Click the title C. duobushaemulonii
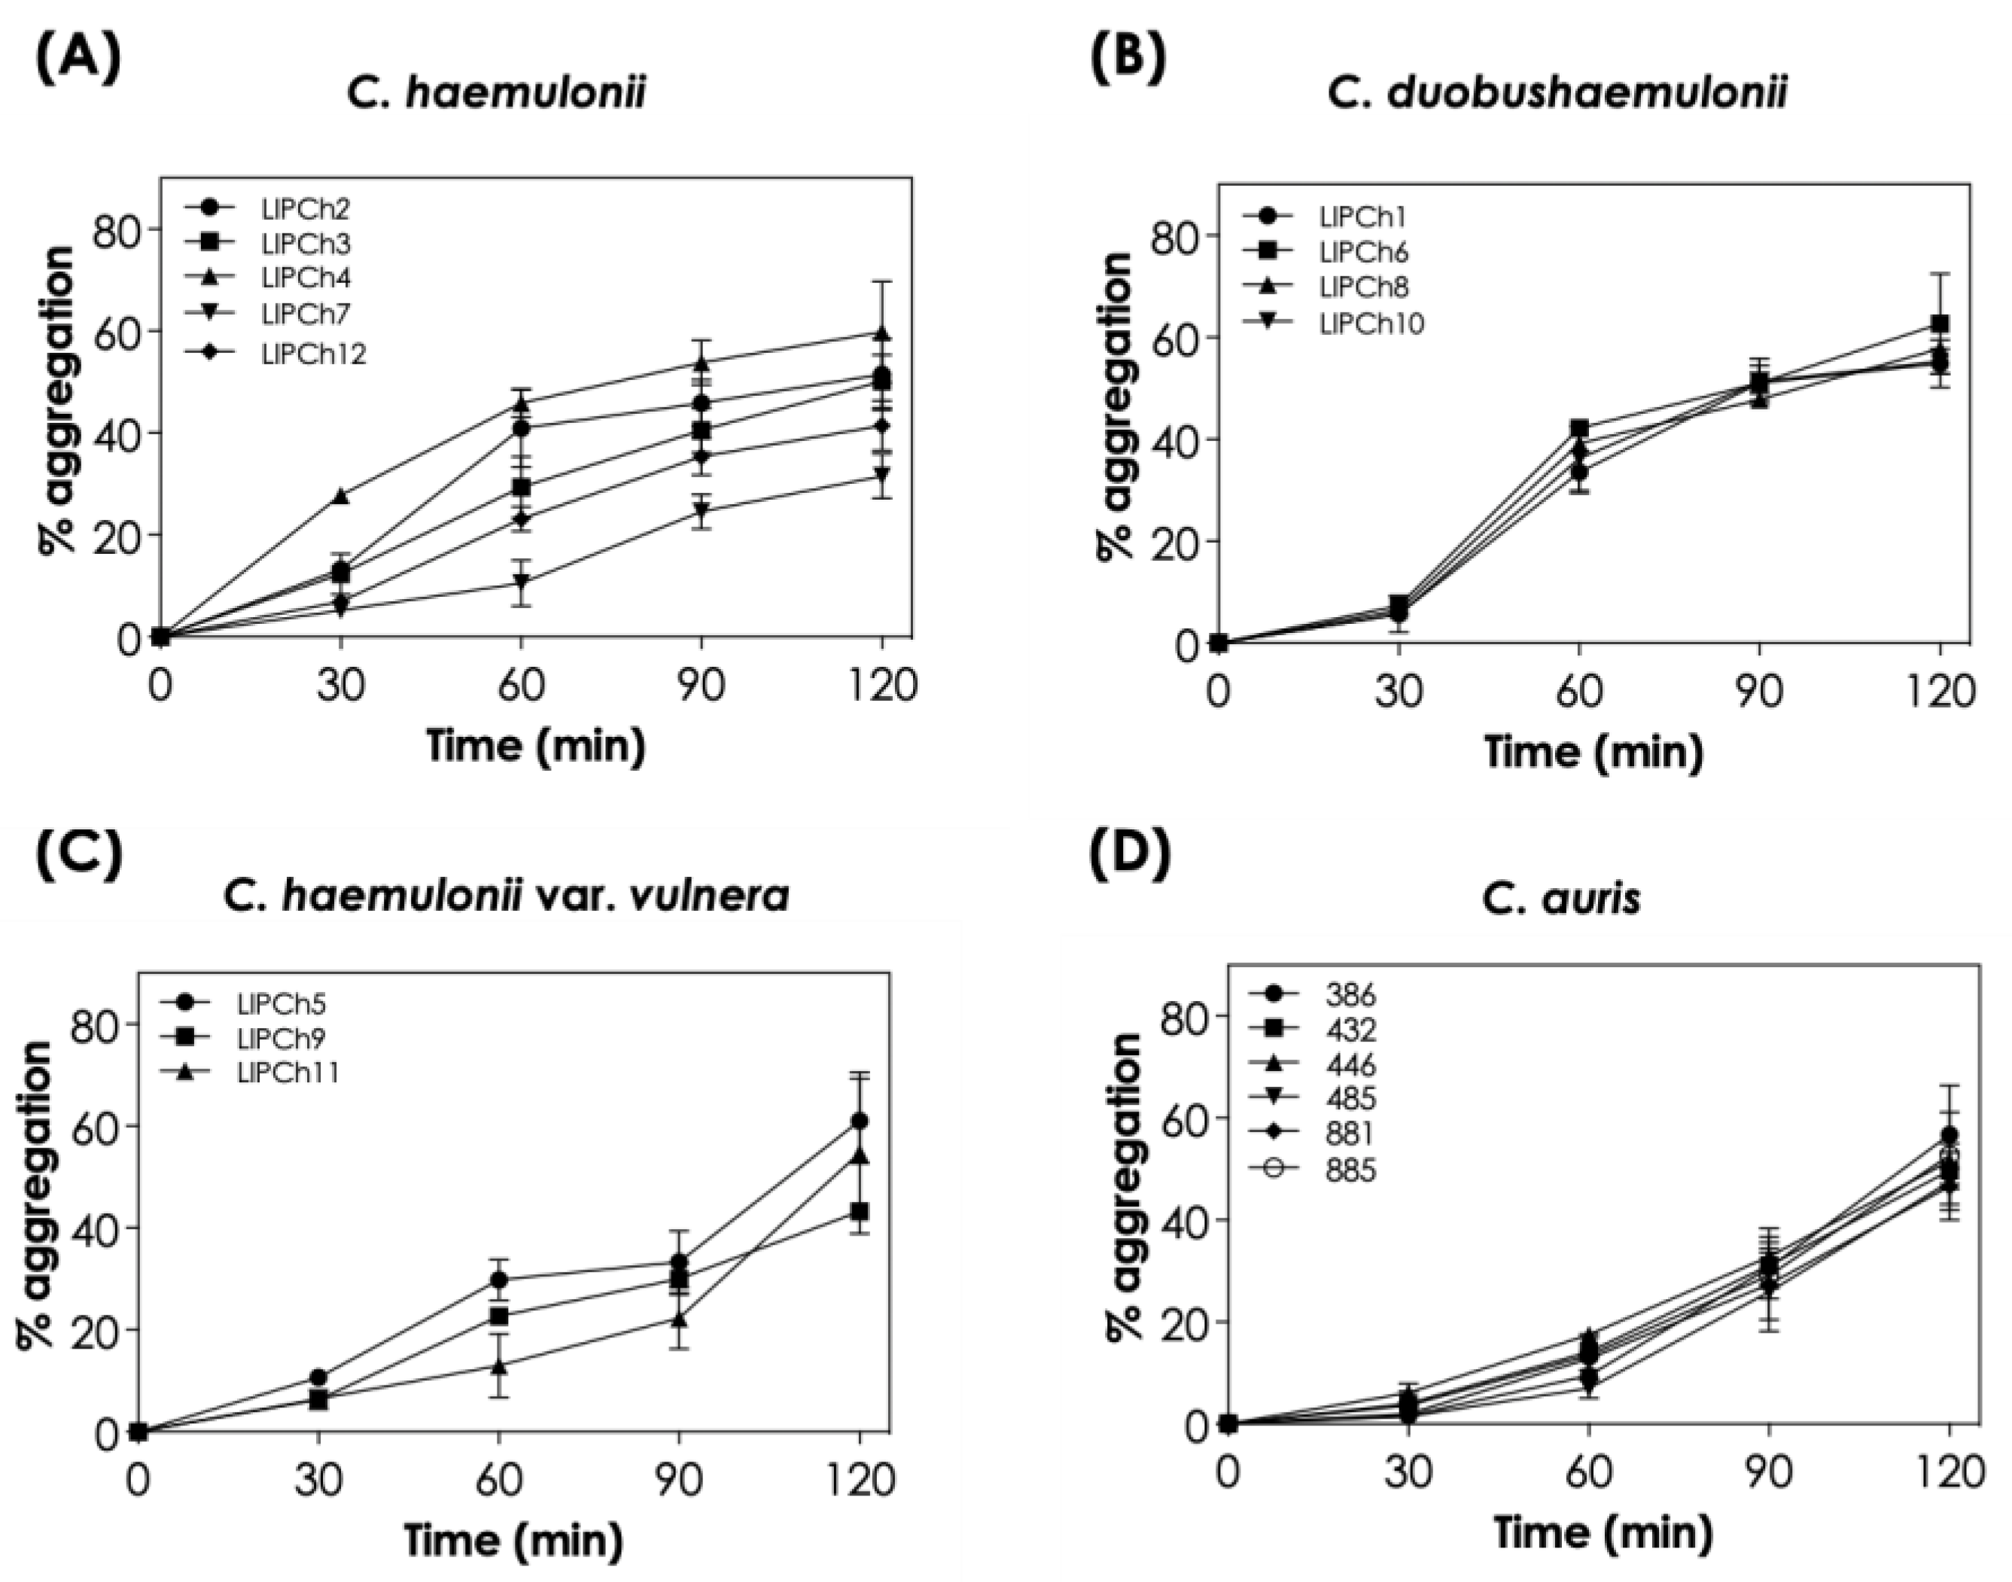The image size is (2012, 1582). pos(1557,93)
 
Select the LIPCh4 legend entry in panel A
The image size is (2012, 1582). pos(306,278)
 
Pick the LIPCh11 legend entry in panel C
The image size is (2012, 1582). pos(288,1072)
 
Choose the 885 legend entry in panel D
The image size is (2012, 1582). pos(1350,1170)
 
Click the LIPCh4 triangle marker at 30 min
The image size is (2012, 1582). pos(341,497)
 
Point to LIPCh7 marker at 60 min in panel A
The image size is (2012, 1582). pos(522,583)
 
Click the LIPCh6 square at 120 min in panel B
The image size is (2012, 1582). pos(1939,324)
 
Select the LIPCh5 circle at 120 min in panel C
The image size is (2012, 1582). pos(860,1121)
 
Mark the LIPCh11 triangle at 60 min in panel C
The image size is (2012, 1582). pos(499,1365)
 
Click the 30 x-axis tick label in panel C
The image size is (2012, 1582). pos(318,1480)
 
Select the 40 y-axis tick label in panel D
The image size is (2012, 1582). pos(1182,1219)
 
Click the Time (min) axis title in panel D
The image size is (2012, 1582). pos(1602,1533)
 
